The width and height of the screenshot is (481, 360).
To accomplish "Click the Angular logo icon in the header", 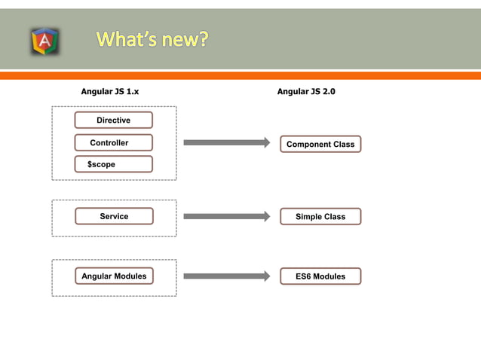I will [x=45, y=41].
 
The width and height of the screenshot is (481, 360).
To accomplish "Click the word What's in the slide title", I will [x=126, y=39].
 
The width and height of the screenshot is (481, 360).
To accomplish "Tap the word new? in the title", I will [x=182, y=39].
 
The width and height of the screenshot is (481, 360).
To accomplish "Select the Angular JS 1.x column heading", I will [x=110, y=91].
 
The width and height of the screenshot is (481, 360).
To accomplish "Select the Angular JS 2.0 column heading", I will [x=306, y=91].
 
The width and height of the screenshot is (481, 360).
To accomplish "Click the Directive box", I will [x=113, y=120].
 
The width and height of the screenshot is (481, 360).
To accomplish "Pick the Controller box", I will [x=113, y=142].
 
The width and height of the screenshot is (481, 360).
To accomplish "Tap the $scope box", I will [x=113, y=164].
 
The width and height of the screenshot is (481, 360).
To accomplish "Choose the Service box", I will [x=114, y=216].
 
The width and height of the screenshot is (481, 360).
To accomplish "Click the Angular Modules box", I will [x=114, y=276].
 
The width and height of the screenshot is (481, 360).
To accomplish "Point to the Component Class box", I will [x=320, y=144].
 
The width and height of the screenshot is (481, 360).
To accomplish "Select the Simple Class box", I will [x=320, y=217].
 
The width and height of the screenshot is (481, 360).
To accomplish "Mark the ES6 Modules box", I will [x=320, y=276].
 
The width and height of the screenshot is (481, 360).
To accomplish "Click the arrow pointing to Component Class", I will [x=226, y=142].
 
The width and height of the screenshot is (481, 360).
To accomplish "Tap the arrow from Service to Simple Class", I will [x=226, y=216].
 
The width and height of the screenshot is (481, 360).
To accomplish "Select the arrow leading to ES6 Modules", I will [x=226, y=276].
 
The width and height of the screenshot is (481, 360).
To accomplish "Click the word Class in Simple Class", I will [x=333, y=217].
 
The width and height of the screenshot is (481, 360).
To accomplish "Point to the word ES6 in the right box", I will [x=304, y=276].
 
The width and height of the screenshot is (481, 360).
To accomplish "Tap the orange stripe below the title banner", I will [x=240, y=75].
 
